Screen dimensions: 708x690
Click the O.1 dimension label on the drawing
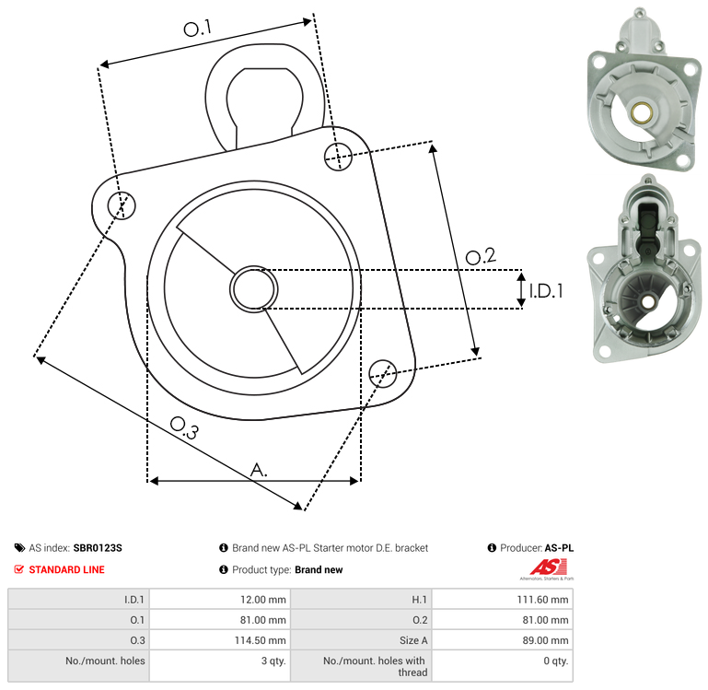click(198, 28)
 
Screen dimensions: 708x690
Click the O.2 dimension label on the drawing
click(481, 256)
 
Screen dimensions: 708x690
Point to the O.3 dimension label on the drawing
click(184, 427)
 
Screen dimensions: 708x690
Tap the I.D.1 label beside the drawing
click(546, 291)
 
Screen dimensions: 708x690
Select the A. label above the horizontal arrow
click(259, 470)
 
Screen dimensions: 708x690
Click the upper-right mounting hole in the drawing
click(338, 157)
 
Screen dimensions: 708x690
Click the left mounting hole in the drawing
click(122, 205)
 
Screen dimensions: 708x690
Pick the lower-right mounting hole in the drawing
click(383, 374)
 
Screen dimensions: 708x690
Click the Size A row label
click(413, 640)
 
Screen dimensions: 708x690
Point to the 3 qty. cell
click(273, 661)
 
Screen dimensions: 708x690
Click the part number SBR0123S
click(98, 548)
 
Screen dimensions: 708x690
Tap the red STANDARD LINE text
click(67, 569)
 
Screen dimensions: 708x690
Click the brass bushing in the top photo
click(640, 112)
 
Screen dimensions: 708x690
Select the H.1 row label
click(419, 600)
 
